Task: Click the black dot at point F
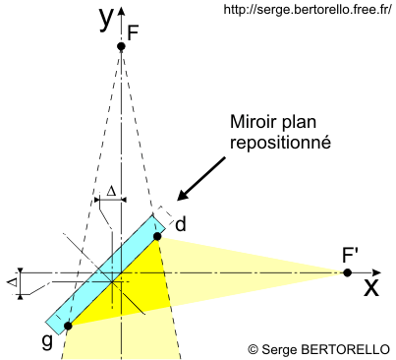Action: click(x=121, y=46)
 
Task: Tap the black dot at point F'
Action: click(x=347, y=272)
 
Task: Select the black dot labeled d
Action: click(x=157, y=236)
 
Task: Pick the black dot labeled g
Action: click(x=68, y=326)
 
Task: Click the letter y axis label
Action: click(x=106, y=18)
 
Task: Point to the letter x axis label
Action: click(x=371, y=287)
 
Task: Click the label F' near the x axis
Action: click(x=351, y=254)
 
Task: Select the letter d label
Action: click(x=180, y=224)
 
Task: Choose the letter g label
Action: click(x=46, y=342)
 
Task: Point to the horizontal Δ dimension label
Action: click(x=111, y=189)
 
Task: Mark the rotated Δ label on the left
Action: click(x=13, y=282)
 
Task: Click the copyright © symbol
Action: click(x=253, y=348)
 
